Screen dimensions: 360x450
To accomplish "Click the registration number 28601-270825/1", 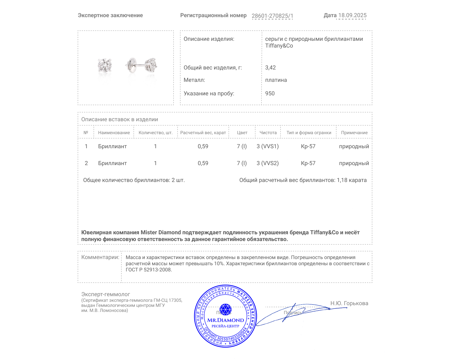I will point(272,16).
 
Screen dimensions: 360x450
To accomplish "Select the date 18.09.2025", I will point(352,15).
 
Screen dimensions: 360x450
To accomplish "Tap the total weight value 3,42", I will point(270,67).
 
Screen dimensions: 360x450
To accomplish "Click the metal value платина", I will point(276,80).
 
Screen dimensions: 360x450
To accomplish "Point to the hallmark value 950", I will point(270,93).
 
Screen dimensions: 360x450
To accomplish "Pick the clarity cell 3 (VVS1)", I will point(267,146).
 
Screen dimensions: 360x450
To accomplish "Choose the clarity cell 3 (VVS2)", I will point(267,163).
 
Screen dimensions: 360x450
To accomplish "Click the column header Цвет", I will point(242,132).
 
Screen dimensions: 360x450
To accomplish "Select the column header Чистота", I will point(268,132).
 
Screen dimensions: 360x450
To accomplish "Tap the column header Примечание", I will point(354,132).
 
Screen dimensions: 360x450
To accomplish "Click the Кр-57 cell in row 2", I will point(308,163).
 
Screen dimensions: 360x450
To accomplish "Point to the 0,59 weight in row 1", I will point(203,146).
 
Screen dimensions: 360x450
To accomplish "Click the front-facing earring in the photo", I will point(105,66).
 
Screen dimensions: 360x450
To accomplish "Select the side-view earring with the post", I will point(141,66).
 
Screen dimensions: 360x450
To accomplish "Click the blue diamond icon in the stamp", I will point(225,309).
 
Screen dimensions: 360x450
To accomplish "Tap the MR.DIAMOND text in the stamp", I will point(226,320).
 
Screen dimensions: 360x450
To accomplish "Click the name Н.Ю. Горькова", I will point(349,303).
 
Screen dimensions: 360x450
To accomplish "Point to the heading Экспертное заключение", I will point(110,15).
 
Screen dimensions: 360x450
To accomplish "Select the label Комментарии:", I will point(100,257).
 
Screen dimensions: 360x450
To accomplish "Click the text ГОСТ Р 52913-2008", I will point(148,270).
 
